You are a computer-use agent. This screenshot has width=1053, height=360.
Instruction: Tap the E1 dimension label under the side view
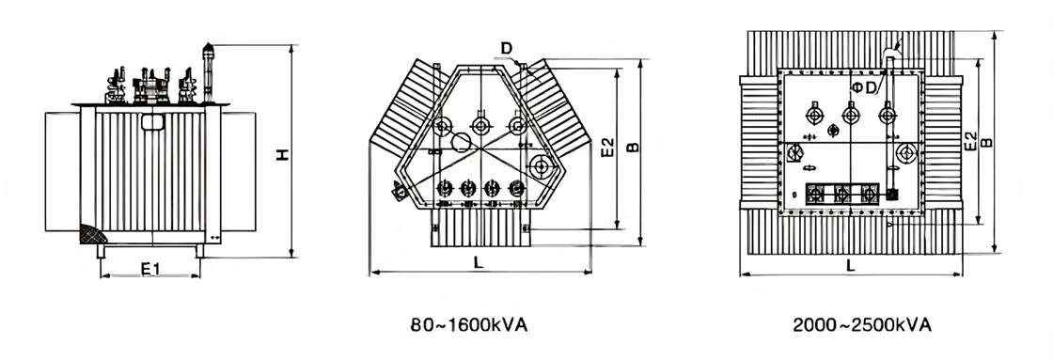click(x=150, y=269)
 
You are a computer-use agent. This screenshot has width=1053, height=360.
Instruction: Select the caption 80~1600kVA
click(x=469, y=324)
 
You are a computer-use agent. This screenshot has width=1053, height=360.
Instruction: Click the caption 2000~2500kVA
click(x=861, y=324)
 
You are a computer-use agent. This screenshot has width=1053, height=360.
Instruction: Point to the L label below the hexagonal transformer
click(x=479, y=264)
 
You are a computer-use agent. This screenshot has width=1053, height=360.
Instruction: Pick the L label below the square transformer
click(x=851, y=266)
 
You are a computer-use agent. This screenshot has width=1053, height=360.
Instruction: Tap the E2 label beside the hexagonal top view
click(x=607, y=148)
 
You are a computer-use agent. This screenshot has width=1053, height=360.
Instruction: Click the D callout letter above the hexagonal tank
click(x=506, y=48)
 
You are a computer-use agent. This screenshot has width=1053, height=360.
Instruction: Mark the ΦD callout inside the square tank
click(x=865, y=87)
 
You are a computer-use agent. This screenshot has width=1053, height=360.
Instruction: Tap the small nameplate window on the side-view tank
click(x=150, y=122)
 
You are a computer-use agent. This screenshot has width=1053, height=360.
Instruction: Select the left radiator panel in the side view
click(x=62, y=175)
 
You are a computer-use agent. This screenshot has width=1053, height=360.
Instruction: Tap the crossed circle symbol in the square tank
click(x=794, y=154)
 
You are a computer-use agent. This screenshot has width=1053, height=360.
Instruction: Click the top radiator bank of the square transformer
click(x=851, y=49)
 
